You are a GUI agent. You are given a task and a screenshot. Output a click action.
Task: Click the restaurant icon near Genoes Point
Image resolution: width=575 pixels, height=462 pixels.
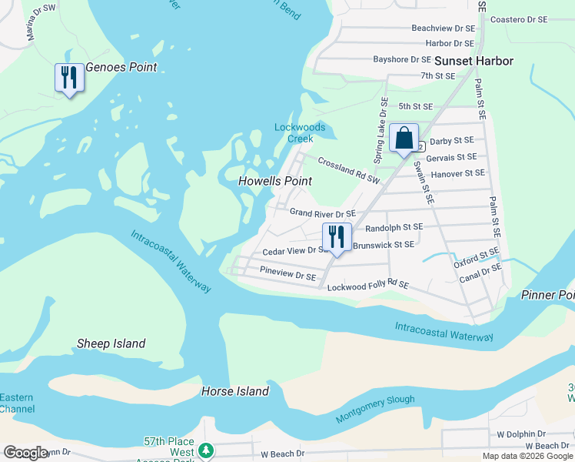pyautogui.click(x=69, y=78)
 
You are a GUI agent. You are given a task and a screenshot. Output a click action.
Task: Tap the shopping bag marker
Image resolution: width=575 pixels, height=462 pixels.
pyautogui.click(x=404, y=138)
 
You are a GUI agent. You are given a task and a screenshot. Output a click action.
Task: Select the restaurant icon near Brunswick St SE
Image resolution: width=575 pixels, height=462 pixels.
pyautogui.click(x=337, y=237)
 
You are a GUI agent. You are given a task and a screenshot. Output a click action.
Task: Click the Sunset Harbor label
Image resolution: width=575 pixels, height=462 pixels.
pyautogui.click(x=474, y=61)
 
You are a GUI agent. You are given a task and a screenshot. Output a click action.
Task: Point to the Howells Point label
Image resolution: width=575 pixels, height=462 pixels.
pyautogui.click(x=275, y=181)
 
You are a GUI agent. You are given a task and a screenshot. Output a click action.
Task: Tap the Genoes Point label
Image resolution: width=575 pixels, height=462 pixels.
pyautogui.click(x=121, y=67)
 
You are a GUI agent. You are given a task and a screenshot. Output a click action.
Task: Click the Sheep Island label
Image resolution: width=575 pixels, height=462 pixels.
pyautogui.click(x=111, y=343)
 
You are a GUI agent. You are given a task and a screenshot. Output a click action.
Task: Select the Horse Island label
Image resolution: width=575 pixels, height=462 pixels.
pyautogui.click(x=235, y=391)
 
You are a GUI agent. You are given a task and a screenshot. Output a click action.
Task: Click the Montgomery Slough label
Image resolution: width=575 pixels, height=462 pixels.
pyautogui.click(x=375, y=409)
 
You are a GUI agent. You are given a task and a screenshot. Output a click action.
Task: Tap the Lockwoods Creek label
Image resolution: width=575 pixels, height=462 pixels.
pyautogui.click(x=300, y=132)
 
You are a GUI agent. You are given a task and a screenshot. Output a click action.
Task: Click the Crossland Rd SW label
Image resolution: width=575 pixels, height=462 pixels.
pyautogui.click(x=349, y=171)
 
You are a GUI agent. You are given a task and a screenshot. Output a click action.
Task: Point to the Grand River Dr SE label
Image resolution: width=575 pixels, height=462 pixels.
pyautogui.click(x=322, y=213)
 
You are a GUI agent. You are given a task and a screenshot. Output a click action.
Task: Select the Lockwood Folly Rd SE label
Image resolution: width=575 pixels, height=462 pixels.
pyautogui.click(x=367, y=286)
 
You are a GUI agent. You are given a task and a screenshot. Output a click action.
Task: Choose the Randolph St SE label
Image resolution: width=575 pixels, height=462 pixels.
pyautogui.click(x=394, y=228)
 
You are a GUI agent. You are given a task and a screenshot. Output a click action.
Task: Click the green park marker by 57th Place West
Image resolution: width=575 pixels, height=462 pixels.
pyautogui.click(x=205, y=450)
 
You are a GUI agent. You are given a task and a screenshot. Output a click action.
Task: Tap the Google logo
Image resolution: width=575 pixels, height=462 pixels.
pyautogui.click(x=25, y=453)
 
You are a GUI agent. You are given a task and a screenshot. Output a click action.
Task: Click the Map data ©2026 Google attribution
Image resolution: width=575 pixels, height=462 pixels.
pyautogui.click(x=527, y=456)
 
